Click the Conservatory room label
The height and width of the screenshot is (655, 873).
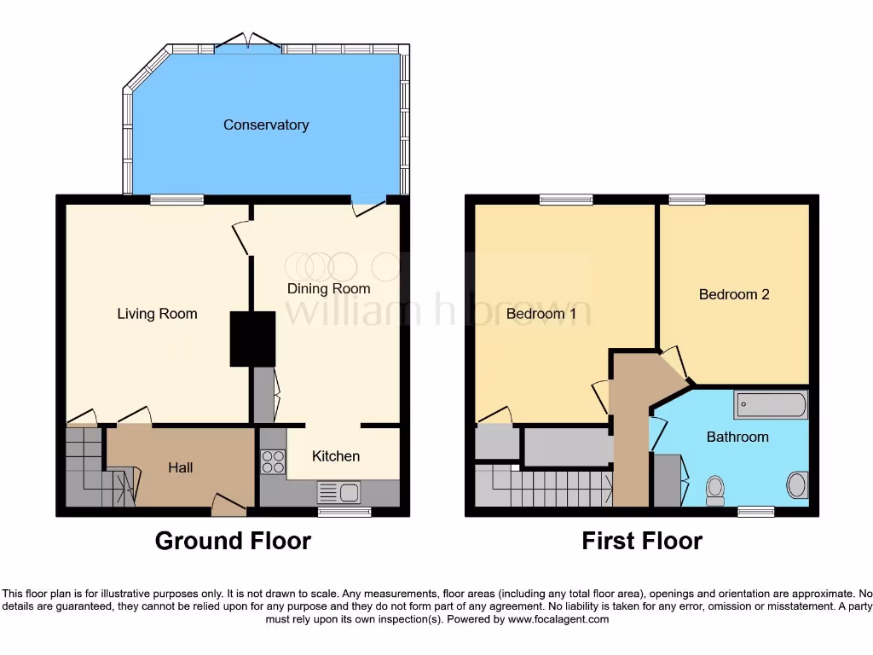point(266,125)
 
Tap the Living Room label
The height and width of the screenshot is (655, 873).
point(157,314)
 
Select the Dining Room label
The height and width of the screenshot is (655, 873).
point(328,288)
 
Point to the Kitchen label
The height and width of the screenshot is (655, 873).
point(336,456)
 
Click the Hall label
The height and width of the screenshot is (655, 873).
point(180,467)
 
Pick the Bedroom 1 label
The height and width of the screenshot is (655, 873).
point(541,314)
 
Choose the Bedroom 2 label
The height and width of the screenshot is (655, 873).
point(734,294)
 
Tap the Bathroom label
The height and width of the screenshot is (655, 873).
point(737,437)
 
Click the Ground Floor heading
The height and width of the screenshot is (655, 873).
point(233,541)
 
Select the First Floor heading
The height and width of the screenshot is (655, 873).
point(642,541)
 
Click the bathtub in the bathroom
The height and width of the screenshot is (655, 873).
point(771,405)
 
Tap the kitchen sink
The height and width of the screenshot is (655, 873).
point(338,492)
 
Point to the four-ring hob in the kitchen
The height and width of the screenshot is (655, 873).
point(273,461)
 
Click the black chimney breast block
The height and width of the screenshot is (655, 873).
point(252,339)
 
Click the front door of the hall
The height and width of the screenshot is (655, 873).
point(228,507)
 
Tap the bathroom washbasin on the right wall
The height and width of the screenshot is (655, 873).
point(797,485)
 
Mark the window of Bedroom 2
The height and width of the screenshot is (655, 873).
point(686,200)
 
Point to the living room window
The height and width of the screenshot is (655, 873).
point(177,200)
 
